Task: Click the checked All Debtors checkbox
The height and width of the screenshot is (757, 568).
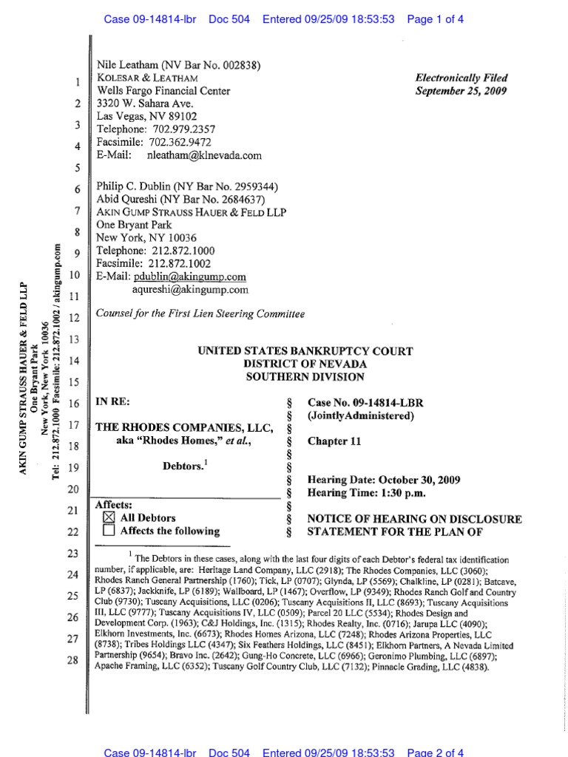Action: pos(109,518)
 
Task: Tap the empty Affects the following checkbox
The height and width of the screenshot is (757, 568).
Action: pos(109,531)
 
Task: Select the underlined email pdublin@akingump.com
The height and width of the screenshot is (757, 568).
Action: pos(190,276)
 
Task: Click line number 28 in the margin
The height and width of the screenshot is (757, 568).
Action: pos(72,660)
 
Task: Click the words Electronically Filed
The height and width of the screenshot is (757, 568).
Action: pos(461,78)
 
